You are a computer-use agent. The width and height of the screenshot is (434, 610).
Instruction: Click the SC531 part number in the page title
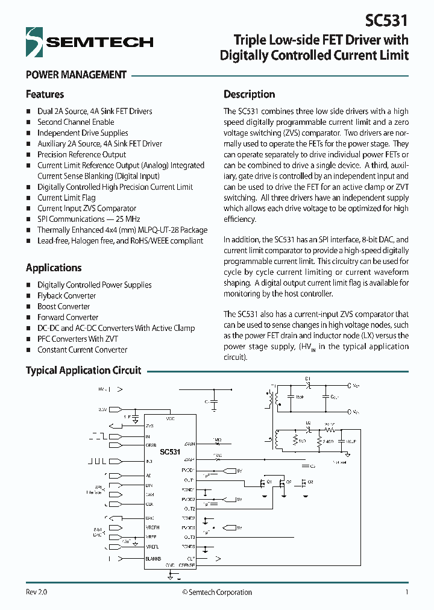tap(386, 21)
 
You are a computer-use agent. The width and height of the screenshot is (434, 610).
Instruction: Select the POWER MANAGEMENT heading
tap(76, 75)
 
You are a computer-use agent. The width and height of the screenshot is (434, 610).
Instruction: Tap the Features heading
tap(45, 95)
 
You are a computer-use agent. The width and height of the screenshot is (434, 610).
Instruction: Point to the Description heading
tap(249, 95)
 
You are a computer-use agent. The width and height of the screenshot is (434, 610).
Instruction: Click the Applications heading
tap(54, 268)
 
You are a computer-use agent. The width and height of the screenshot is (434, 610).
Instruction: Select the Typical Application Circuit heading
tap(83, 370)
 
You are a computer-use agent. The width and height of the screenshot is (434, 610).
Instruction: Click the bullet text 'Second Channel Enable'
tap(75, 122)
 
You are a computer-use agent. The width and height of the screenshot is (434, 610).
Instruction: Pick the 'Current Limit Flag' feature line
tap(66, 198)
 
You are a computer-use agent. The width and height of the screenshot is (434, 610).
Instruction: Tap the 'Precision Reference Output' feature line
tap(81, 155)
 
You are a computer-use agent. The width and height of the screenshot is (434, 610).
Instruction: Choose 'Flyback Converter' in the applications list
tap(66, 296)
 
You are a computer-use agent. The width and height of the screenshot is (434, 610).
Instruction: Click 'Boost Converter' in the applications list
tap(63, 307)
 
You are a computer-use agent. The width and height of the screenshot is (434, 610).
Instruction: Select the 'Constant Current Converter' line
tap(82, 350)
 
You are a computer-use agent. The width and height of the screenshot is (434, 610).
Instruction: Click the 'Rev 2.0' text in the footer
tap(36, 592)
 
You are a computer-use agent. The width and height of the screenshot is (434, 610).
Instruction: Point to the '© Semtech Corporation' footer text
tap(217, 592)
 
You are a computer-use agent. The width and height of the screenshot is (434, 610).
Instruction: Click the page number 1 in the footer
tap(407, 592)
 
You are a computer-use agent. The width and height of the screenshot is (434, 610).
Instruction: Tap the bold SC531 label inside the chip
tap(170, 451)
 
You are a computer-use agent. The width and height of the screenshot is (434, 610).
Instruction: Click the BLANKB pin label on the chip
tap(153, 559)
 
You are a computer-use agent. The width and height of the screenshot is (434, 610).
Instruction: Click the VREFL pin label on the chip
tap(152, 547)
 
